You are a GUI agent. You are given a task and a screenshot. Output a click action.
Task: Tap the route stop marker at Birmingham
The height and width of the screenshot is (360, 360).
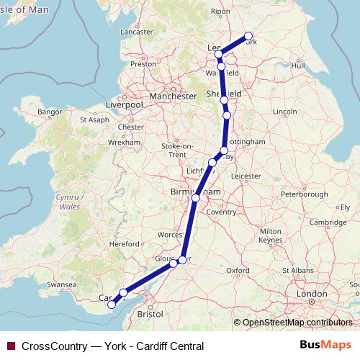click(195, 197)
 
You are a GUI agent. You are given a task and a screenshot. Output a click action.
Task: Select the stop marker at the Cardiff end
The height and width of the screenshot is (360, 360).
click(112, 305)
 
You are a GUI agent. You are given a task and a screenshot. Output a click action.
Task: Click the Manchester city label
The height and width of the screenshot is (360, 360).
click(172, 96)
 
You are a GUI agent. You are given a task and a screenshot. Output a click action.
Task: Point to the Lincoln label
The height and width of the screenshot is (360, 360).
click(285, 112)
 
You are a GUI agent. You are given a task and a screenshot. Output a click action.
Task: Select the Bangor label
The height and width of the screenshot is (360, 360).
click(50, 112)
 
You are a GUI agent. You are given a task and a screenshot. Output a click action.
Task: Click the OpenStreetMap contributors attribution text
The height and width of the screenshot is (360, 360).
click(297, 323)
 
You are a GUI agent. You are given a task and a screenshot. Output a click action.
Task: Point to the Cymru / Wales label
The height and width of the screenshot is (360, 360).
click(70, 201)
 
